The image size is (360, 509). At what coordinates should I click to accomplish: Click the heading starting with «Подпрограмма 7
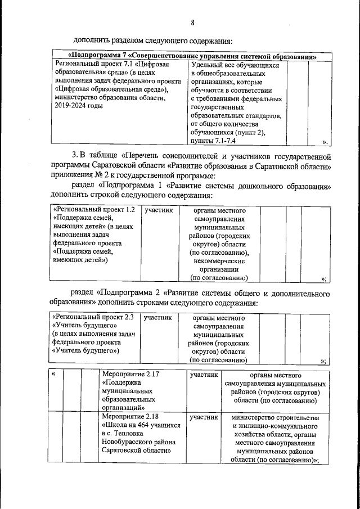tap(192, 56)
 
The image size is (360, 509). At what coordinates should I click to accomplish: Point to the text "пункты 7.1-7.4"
tap(214, 141)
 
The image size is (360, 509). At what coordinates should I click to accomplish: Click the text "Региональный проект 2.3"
tap(93, 317)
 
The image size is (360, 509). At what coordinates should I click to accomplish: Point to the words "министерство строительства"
tap(275, 418)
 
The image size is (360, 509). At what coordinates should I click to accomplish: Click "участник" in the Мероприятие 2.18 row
tap(204, 417)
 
